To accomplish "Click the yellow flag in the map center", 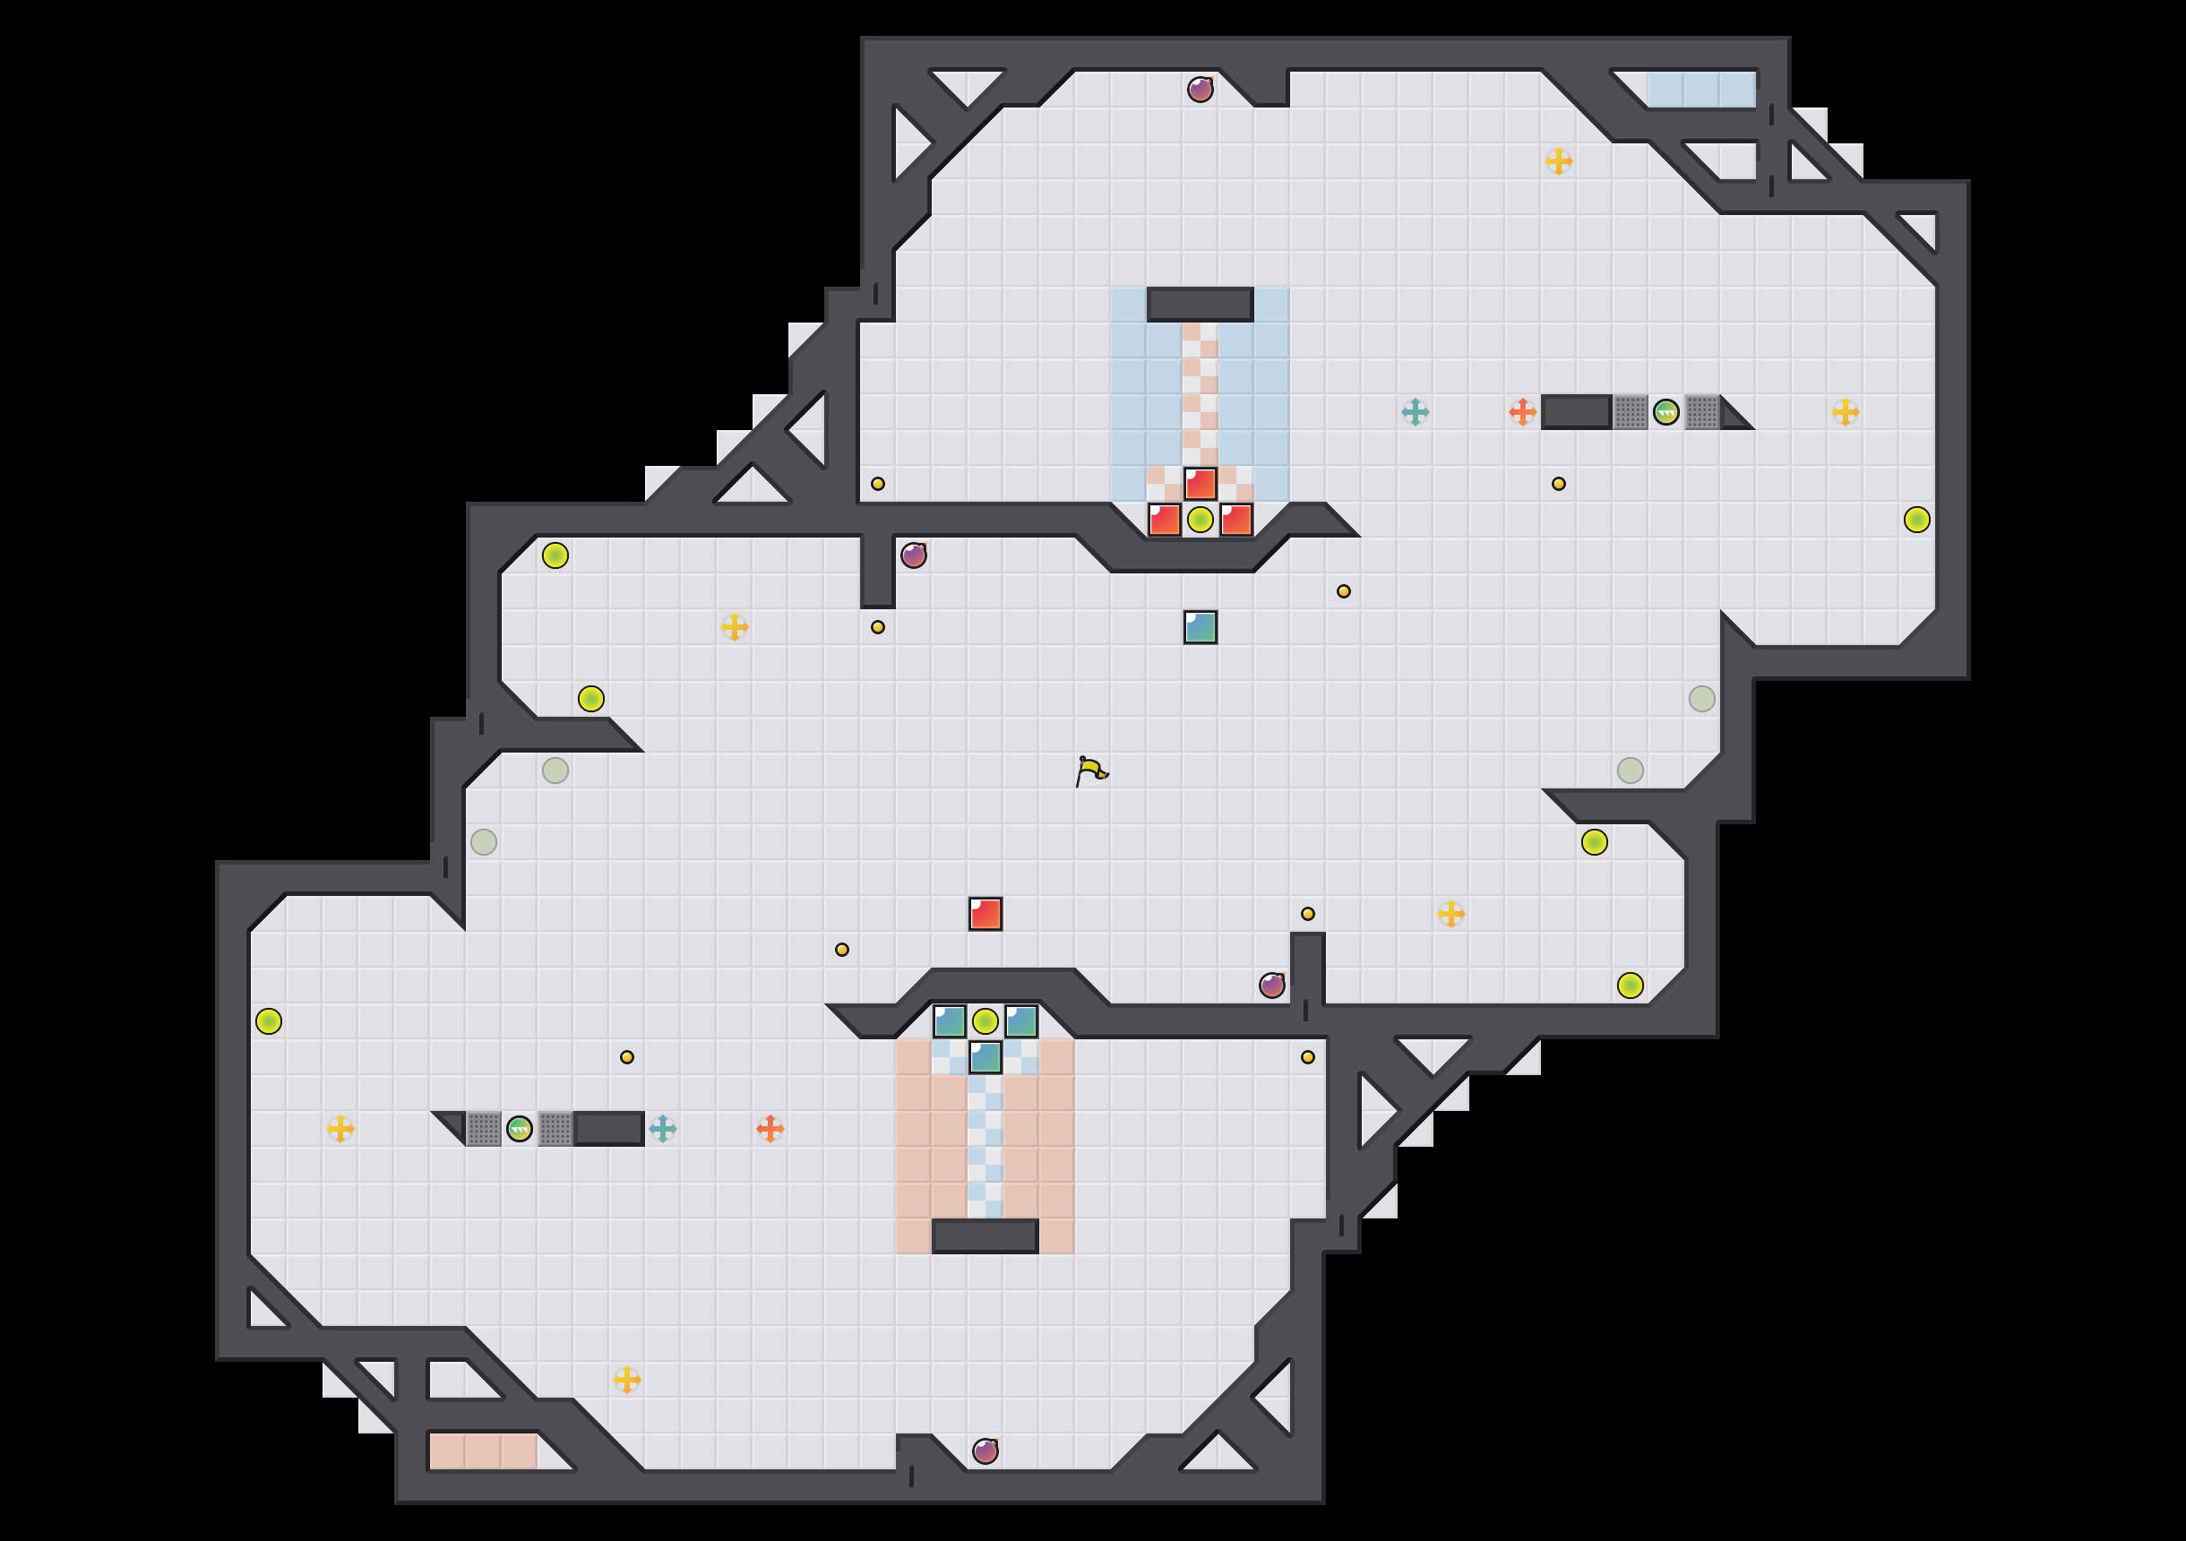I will pyautogui.click(x=1091, y=770).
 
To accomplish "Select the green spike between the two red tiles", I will pyautogui.click(x=1200, y=520).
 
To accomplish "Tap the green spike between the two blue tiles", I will pyautogui.click(x=985, y=1022).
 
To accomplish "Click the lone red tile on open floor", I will pyautogui.click(x=985, y=913).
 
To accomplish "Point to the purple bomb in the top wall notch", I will pyautogui.click(x=1200, y=90).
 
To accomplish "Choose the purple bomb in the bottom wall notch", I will pyautogui.click(x=985, y=1451).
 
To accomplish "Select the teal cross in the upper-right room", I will pyautogui.click(x=1415, y=412).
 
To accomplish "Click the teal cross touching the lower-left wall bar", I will pyautogui.click(x=663, y=1129).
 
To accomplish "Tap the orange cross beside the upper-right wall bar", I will pyautogui.click(x=1521, y=412).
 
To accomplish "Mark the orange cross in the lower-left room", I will pyautogui.click(x=770, y=1129).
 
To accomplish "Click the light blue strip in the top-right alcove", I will pyautogui.click(x=1700, y=90).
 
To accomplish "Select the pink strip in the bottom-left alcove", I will pyautogui.click(x=483, y=1451).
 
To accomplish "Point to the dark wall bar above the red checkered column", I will pyautogui.click(x=1200, y=305).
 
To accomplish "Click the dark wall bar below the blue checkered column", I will pyautogui.click(x=985, y=1236).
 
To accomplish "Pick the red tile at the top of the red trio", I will pyautogui.click(x=1200, y=484).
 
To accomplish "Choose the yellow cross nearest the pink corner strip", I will pyautogui.click(x=626, y=1379).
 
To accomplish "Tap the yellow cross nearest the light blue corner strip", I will pyautogui.click(x=1558, y=162).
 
